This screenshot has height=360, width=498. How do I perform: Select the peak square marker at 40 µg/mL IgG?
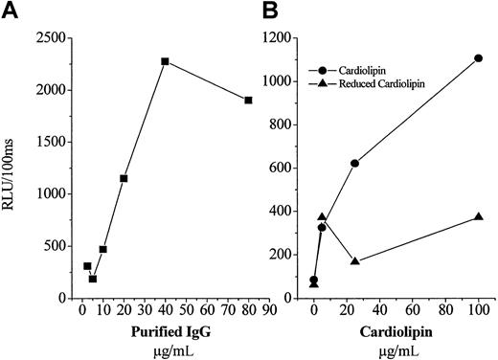pyautogui.click(x=166, y=61)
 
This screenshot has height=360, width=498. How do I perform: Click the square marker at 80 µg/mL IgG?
pyautogui.click(x=248, y=100)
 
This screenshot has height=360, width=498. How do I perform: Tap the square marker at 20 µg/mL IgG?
pyautogui.click(x=124, y=178)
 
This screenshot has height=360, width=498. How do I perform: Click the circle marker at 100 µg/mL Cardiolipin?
pyautogui.click(x=478, y=58)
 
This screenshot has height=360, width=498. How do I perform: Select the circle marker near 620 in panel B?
pyautogui.click(x=355, y=163)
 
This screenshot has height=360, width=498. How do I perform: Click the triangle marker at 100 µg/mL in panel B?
pyautogui.click(x=478, y=217)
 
